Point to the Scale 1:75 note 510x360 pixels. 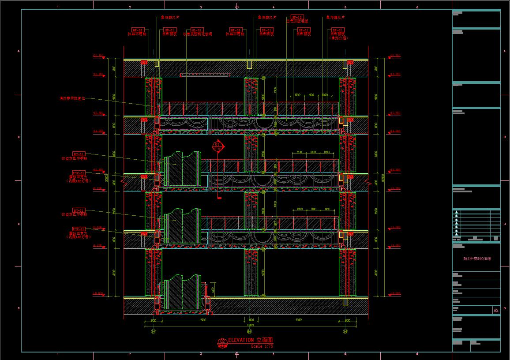pyautogui.click(x=262, y=346)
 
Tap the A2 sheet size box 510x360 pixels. pyautogui.click(x=496, y=311)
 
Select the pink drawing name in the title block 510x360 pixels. pyautogui.click(x=476, y=259)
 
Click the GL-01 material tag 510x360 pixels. pyautogui.click(x=197, y=30)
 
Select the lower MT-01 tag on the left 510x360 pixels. pyautogui.click(x=79, y=210)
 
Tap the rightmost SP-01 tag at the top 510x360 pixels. pyautogui.click(x=338, y=30)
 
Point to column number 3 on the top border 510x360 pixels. pyautogui.click(x=201, y=7)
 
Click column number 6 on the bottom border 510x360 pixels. pyautogui.click(x=417, y=354)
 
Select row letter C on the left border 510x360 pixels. pyautogui.click(x=19, y=224)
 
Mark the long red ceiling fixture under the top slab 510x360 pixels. pyautogui.click(x=205, y=75)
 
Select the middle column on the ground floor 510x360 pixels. pyautogui.click(x=251, y=272)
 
